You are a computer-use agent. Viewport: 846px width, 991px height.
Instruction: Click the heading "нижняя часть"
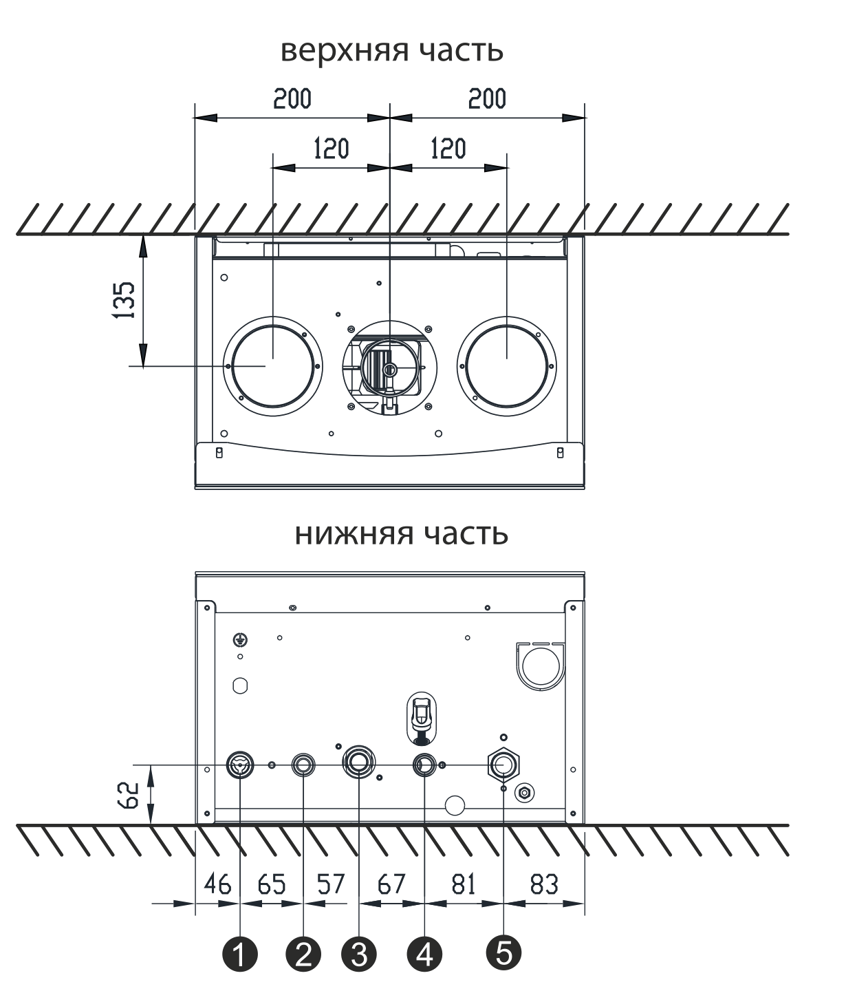401,534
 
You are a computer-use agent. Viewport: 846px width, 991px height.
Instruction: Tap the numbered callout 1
239,953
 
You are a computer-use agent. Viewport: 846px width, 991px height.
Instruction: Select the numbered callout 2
303,953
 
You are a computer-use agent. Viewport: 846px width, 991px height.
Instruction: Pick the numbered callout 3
359,953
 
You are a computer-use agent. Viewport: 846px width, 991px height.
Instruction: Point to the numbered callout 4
424,953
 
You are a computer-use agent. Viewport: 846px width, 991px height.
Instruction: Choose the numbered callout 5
503,952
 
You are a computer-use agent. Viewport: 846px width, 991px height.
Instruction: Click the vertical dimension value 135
124,300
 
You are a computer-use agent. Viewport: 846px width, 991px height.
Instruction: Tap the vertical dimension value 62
129,796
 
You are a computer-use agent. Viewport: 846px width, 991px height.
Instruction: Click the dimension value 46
217,884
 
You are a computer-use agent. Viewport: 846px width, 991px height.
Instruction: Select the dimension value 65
272,884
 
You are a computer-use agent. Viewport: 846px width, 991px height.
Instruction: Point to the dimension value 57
331,884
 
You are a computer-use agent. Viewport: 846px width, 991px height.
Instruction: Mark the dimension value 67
391,884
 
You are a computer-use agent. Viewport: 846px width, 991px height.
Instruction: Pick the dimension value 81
463,884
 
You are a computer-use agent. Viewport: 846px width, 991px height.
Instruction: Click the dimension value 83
544,884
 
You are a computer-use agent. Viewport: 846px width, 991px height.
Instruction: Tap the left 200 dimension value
292,98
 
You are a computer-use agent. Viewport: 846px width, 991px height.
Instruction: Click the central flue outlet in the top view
389,367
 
